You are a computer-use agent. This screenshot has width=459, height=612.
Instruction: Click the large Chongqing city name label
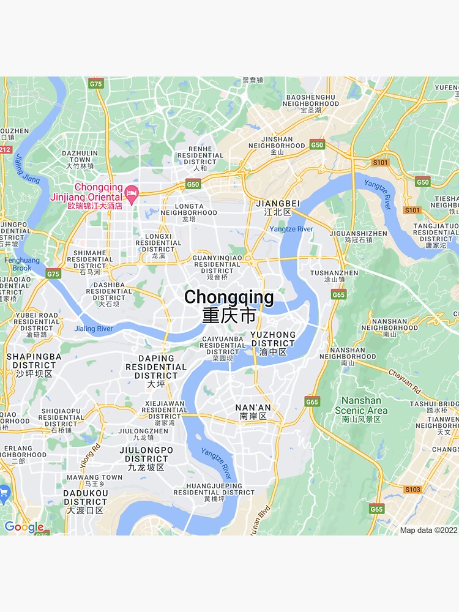(229, 298)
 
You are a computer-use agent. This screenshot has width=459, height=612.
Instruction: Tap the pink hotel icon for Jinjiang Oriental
(131, 195)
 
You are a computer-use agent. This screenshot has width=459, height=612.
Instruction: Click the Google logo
(23, 527)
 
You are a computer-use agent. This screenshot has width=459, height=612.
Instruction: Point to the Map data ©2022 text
(428, 530)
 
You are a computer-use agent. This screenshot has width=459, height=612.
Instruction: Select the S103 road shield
(412, 490)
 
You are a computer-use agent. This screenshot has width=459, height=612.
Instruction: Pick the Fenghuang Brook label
(22, 264)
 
